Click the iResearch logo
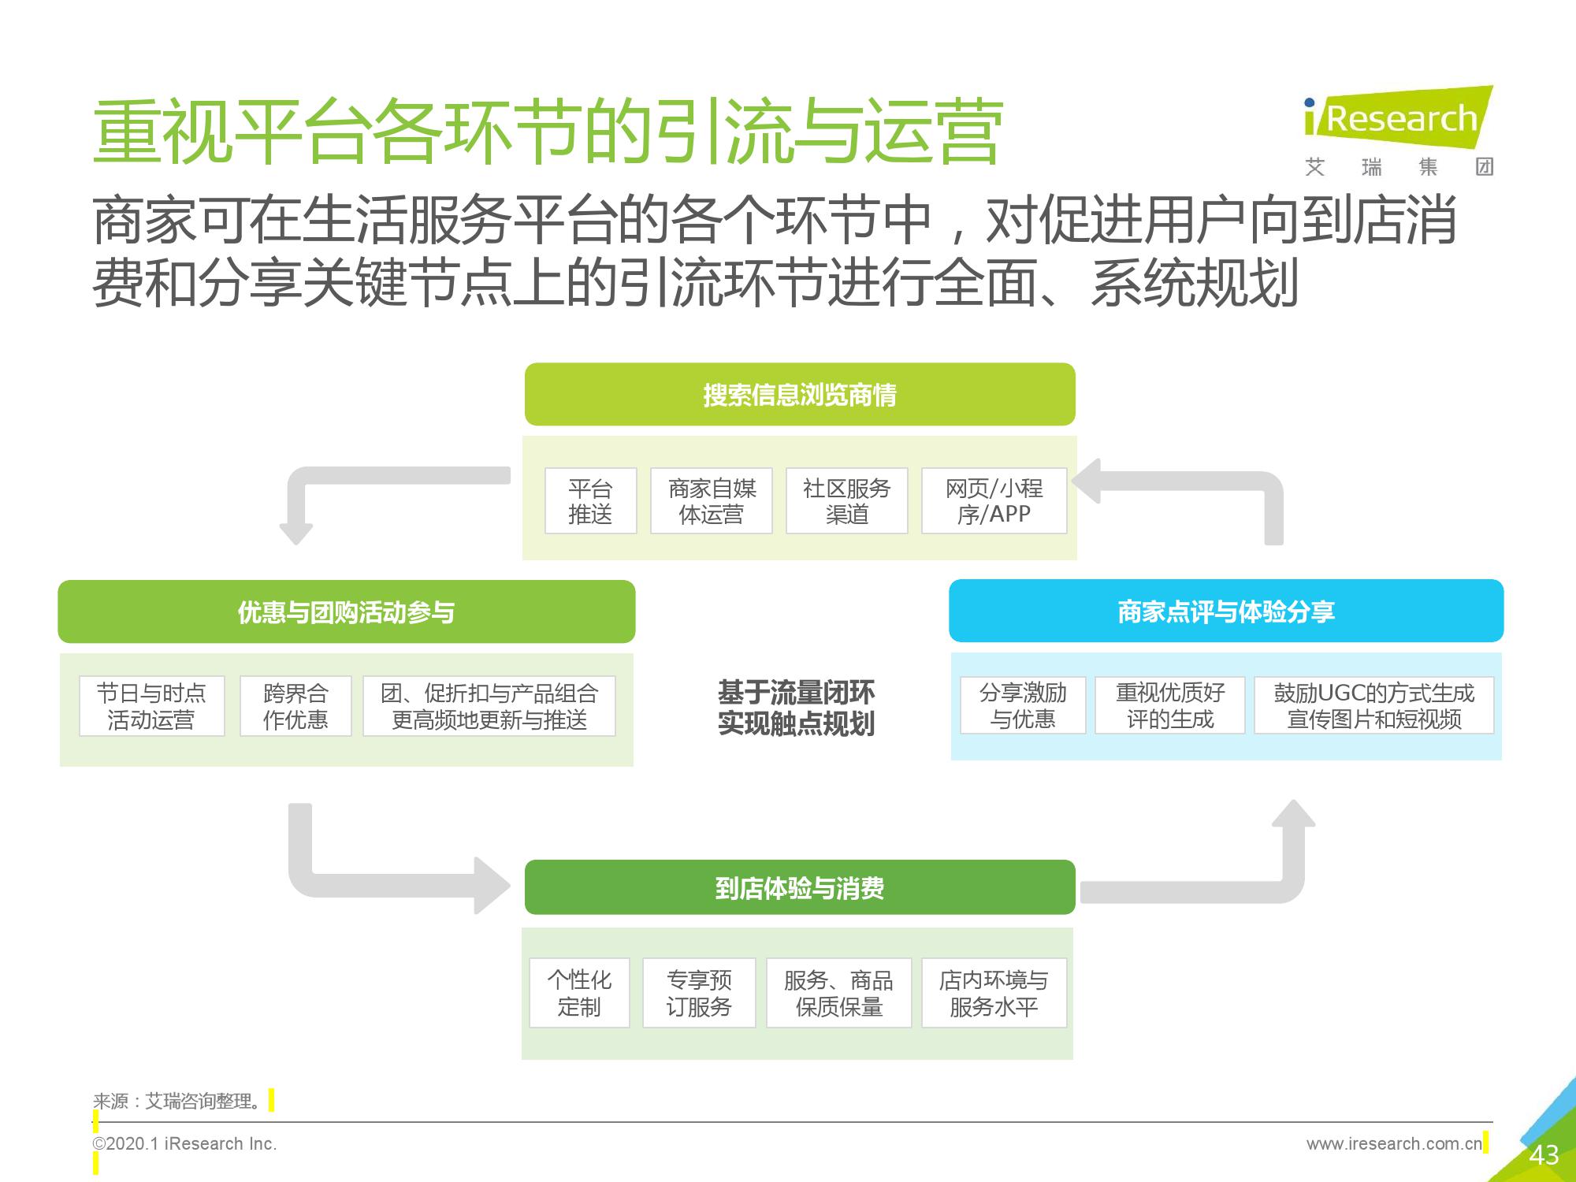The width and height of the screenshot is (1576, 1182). (1398, 131)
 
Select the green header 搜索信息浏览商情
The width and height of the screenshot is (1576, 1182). (800, 394)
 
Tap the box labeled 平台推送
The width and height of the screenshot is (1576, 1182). (590, 501)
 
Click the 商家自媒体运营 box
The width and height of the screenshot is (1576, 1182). (712, 501)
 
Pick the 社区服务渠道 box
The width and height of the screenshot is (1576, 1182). (847, 501)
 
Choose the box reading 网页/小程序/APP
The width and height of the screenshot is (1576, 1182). (994, 501)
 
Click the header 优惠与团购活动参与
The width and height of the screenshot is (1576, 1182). (347, 611)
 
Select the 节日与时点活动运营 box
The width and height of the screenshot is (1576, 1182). (151, 706)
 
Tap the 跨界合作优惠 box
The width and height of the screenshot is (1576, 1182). (295, 706)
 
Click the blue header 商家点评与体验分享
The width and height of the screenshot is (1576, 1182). (1226, 611)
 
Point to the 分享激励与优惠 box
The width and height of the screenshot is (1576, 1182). (1023, 705)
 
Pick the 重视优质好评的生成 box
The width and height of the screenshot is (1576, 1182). (1170, 705)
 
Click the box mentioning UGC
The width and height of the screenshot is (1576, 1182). (1374, 705)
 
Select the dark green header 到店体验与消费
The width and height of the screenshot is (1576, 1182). (800, 887)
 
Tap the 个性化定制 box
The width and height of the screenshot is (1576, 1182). (579, 993)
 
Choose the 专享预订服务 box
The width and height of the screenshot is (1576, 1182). (699, 993)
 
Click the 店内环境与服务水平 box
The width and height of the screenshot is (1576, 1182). (994, 993)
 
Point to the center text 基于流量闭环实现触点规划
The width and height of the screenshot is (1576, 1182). (796, 708)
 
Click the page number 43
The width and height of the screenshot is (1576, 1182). (1544, 1155)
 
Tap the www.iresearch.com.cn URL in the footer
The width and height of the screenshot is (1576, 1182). (1394, 1143)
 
